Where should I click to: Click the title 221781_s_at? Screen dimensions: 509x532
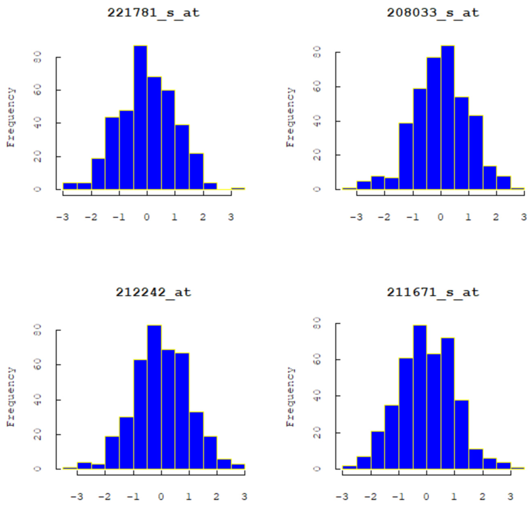(153, 13)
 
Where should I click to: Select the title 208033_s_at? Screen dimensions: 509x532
(433, 13)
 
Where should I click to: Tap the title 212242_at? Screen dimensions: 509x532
(153, 292)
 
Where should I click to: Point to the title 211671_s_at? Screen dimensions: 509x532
(433, 292)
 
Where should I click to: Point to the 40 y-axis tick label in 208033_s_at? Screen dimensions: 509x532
(317, 121)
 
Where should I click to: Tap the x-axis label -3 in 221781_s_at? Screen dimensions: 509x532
(63, 217)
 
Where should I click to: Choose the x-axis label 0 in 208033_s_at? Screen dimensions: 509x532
(441, 217)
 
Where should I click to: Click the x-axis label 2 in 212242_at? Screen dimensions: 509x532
(216, 496)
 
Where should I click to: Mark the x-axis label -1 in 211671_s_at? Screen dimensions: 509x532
(399, 496)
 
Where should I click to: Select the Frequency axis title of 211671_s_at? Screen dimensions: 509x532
(290, 397)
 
